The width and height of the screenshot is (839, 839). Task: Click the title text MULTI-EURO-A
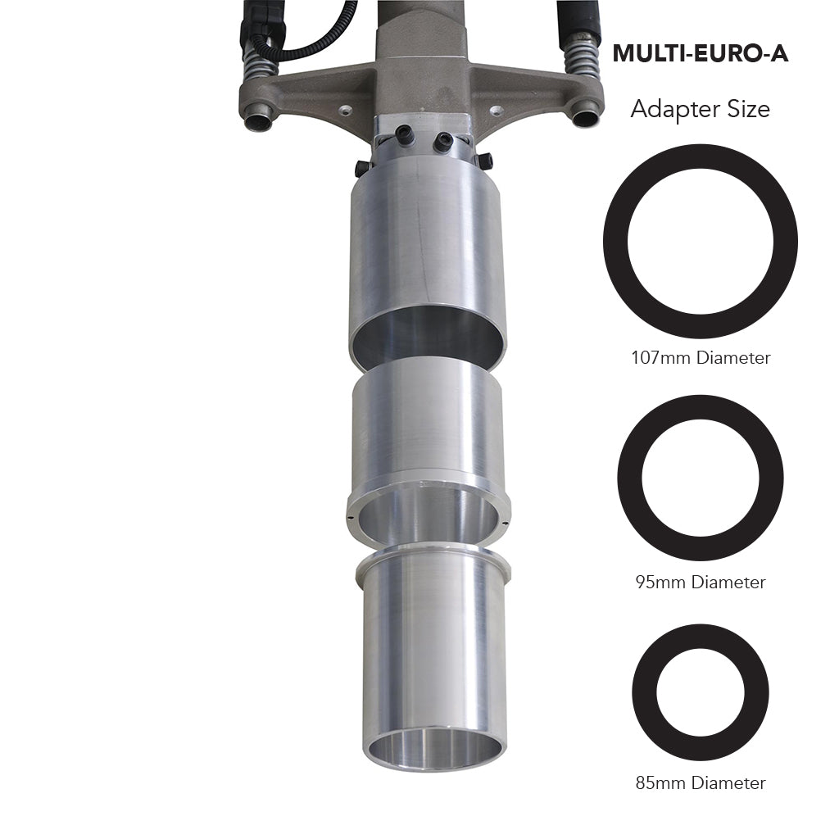tap(700, 54)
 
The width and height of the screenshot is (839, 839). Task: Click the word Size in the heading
tap(745, 109)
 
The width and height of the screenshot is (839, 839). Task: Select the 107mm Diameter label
tap(701, 358)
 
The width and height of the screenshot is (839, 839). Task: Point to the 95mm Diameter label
tap(701, 583)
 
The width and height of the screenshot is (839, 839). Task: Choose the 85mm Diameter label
tap(701, 783)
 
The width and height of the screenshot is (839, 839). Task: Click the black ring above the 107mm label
tap(616, 242)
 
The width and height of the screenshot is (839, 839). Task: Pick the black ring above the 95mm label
tap(630, 478)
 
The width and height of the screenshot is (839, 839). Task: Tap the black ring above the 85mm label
tap(644, 692)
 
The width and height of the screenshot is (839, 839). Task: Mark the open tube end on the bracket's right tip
tap(586, 117)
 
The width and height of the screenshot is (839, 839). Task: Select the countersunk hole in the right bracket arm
tap(495, 109)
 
